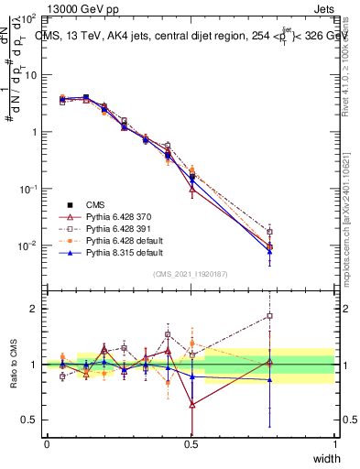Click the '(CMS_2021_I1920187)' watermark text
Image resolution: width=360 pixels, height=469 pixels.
click(191, 274)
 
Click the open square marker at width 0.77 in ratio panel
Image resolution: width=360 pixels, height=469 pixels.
click(269, 316)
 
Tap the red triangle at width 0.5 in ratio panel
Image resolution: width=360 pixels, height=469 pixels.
click(191, 404)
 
